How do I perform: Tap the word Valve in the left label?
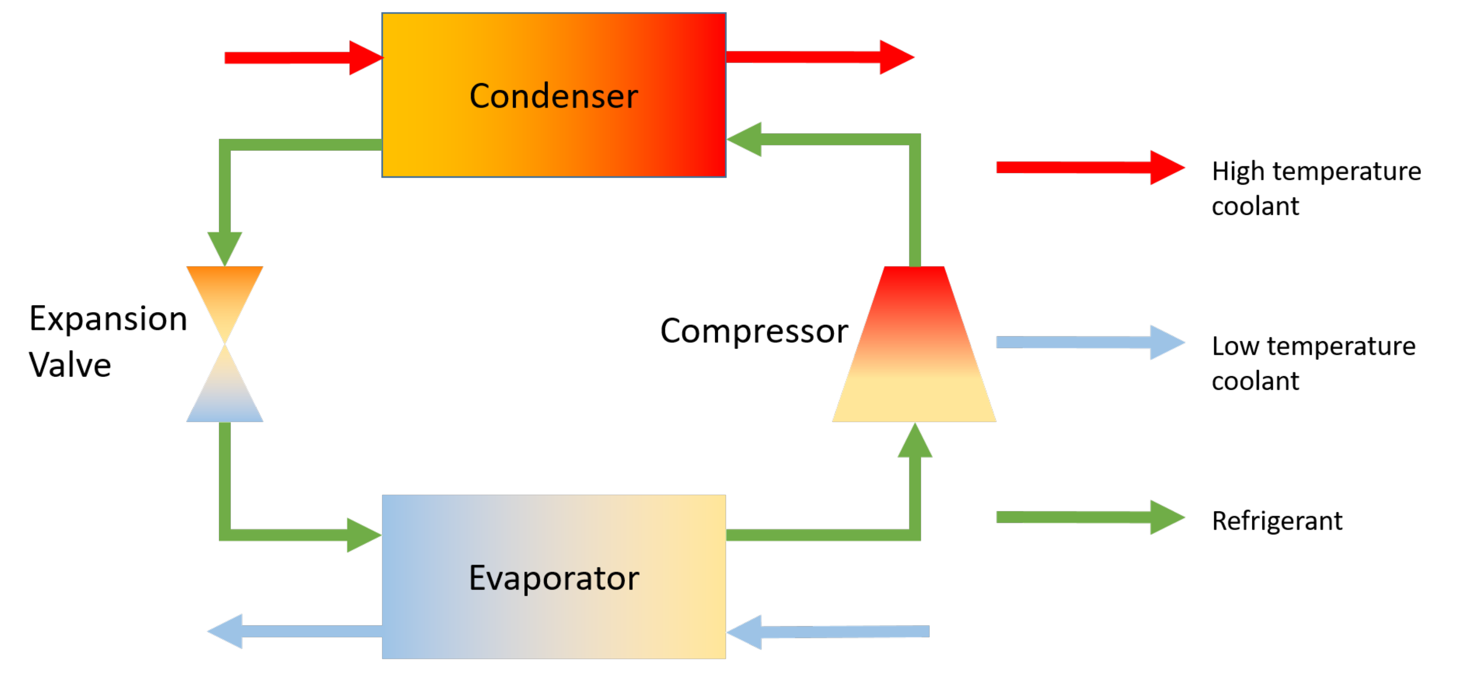point(70,365)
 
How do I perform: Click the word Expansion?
point(108,318)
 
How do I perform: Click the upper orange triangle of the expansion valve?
point(225,294)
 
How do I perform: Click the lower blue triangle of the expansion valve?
point(225,396)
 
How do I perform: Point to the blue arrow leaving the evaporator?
point(294,631)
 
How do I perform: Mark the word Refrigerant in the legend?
point(1277,521)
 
